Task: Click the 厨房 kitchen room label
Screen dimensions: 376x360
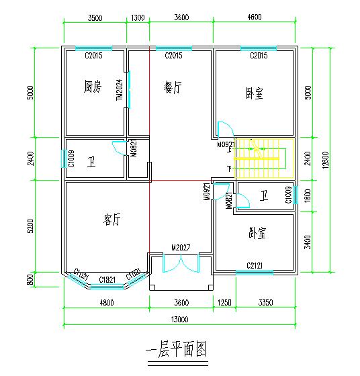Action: point(93,87)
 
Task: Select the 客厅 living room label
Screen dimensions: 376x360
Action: point(111,219)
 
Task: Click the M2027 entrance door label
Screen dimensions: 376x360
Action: point(181,248)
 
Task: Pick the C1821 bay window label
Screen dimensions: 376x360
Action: point(107,279)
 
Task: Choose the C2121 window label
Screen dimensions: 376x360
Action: point(254,265)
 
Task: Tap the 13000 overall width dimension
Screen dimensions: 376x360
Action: point(179,319)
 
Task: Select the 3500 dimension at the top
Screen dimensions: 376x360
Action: point(95,18)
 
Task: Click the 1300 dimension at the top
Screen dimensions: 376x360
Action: point(138,18)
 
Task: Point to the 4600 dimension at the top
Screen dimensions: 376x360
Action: point(255,18)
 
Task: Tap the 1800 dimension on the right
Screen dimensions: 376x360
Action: point(308,195)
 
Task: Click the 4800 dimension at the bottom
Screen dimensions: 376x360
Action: point(106,302)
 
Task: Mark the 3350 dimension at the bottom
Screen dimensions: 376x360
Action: point(265,302)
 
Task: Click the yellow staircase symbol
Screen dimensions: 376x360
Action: point(267,158)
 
